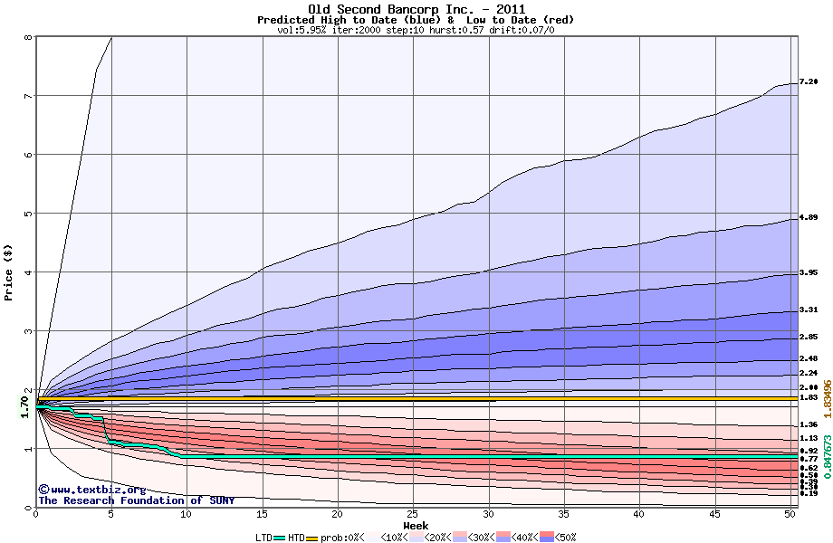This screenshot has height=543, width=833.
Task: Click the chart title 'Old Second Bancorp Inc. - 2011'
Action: coord(416,9)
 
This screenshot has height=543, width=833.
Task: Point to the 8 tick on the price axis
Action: coord(27,38)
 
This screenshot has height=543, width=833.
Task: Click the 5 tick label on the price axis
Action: coord(27,214)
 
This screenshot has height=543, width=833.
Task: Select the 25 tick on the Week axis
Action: coord(412,514)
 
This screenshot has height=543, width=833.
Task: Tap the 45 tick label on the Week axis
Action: coord(713,514)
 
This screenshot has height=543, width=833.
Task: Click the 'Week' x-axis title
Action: coord(416,525)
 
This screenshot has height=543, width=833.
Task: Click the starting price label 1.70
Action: coord(25,408)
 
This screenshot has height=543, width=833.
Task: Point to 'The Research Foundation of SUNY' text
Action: coord(136,500)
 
